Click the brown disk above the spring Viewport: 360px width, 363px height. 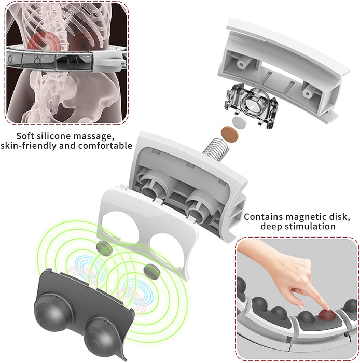pyautogui.click(x=230, y=134)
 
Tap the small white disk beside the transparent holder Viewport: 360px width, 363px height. pyautogui.click(x=239, y=122)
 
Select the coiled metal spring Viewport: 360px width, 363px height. pyautogui.click(x=216, y=149)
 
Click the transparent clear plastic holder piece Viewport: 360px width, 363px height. pyautogui.click(x=251, y=106)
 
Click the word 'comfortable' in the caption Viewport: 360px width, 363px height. pyautogui.click(x=105, y=146)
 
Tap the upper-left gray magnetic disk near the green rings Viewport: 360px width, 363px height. pyautogui.click(x=104, y=248)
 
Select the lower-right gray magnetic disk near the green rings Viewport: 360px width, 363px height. pyautogui.click(x=151, y=271)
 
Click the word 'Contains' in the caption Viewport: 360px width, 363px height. pyautogui.click(x=263, y=217)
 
